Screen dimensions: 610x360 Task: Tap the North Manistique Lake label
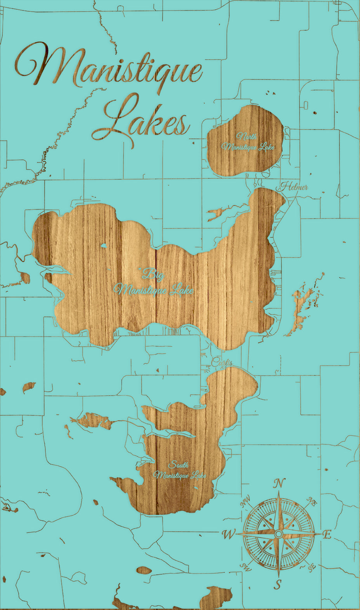coord(247,142)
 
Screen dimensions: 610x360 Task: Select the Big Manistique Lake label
coord(153,283)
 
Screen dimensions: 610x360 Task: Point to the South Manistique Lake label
coord(180,470)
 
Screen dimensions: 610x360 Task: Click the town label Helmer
coord(294,187)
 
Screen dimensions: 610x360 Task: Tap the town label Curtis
coord(222,363)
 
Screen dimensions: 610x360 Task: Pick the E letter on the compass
coord(327,535)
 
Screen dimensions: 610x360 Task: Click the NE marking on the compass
coord(312,502)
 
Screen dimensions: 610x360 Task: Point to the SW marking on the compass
coord(245,567)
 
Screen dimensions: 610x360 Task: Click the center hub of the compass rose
coord(278,534)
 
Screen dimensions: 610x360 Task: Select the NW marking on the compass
coord(245,503)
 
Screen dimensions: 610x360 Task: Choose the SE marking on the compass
coord(311,567)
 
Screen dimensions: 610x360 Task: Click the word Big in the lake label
coord(153,274)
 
